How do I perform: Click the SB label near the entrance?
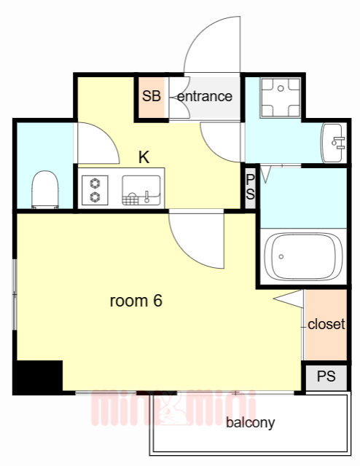point(152,97)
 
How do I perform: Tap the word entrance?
point(205,96)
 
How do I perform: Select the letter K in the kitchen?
point(144,156)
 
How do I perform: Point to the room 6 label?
point(136,301)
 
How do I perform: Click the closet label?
point(326,325)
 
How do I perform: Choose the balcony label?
point(250,423)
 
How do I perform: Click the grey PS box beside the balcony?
point(326,377)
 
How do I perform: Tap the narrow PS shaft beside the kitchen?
point(250,187)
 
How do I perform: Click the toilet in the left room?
point(45,189)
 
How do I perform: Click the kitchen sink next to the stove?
point(141,189)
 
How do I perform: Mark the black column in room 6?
point(38,376)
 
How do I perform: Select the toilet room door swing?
point(97,143)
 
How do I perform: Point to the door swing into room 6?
point(195,239)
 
